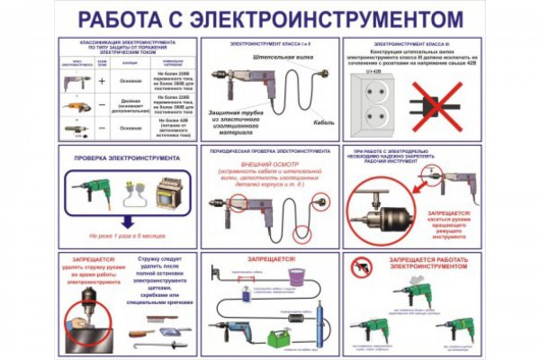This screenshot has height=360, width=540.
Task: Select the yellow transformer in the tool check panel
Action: point(166,194)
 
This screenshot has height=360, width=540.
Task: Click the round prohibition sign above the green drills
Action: point(361,266)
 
